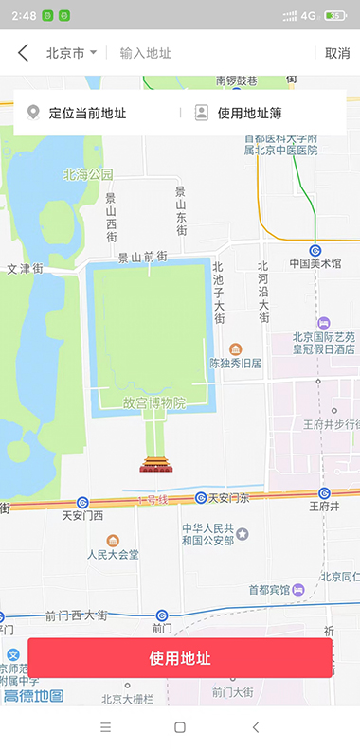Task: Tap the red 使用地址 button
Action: (x=180, y=658)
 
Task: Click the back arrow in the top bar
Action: (x=23, y=53)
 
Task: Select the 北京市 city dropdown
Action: (x=71, y=53)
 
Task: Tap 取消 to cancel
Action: (x=337, y=53)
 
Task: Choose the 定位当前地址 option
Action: (x=85, y=114)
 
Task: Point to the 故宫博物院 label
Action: (x=153, y=403)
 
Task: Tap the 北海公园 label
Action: (x=88, y=174)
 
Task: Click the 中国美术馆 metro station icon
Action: (x=315, y=250)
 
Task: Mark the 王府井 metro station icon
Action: (x=324, y=493)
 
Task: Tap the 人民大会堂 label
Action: (x=114, y=554)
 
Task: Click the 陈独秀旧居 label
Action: (x=235, y=363)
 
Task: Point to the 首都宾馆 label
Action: (x=269, y=589)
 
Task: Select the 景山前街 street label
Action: (x=142, y=257)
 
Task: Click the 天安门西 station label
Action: (x=82, y=516)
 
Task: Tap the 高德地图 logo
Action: (x=33, y=696)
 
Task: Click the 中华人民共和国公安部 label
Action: (x=207, y=535)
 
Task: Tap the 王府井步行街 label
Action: (x=331, y=423)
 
